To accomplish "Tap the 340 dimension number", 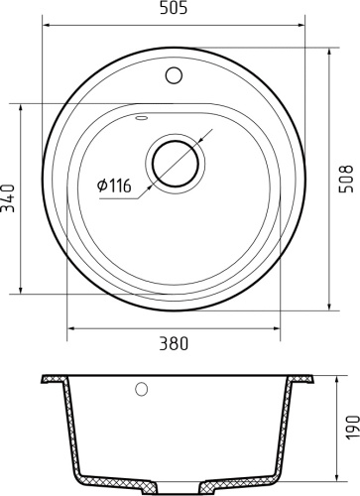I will (x=9, y=197).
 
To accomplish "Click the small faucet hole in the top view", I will (x=176, y=73).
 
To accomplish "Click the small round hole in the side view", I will (x=141, y=389).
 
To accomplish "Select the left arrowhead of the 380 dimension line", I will (x=69, y=327).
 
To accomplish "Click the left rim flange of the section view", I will (x=54, y=379).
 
